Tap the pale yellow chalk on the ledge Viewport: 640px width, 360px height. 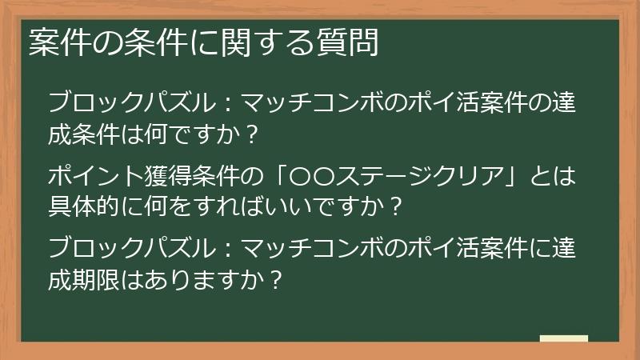pos(563,338)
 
